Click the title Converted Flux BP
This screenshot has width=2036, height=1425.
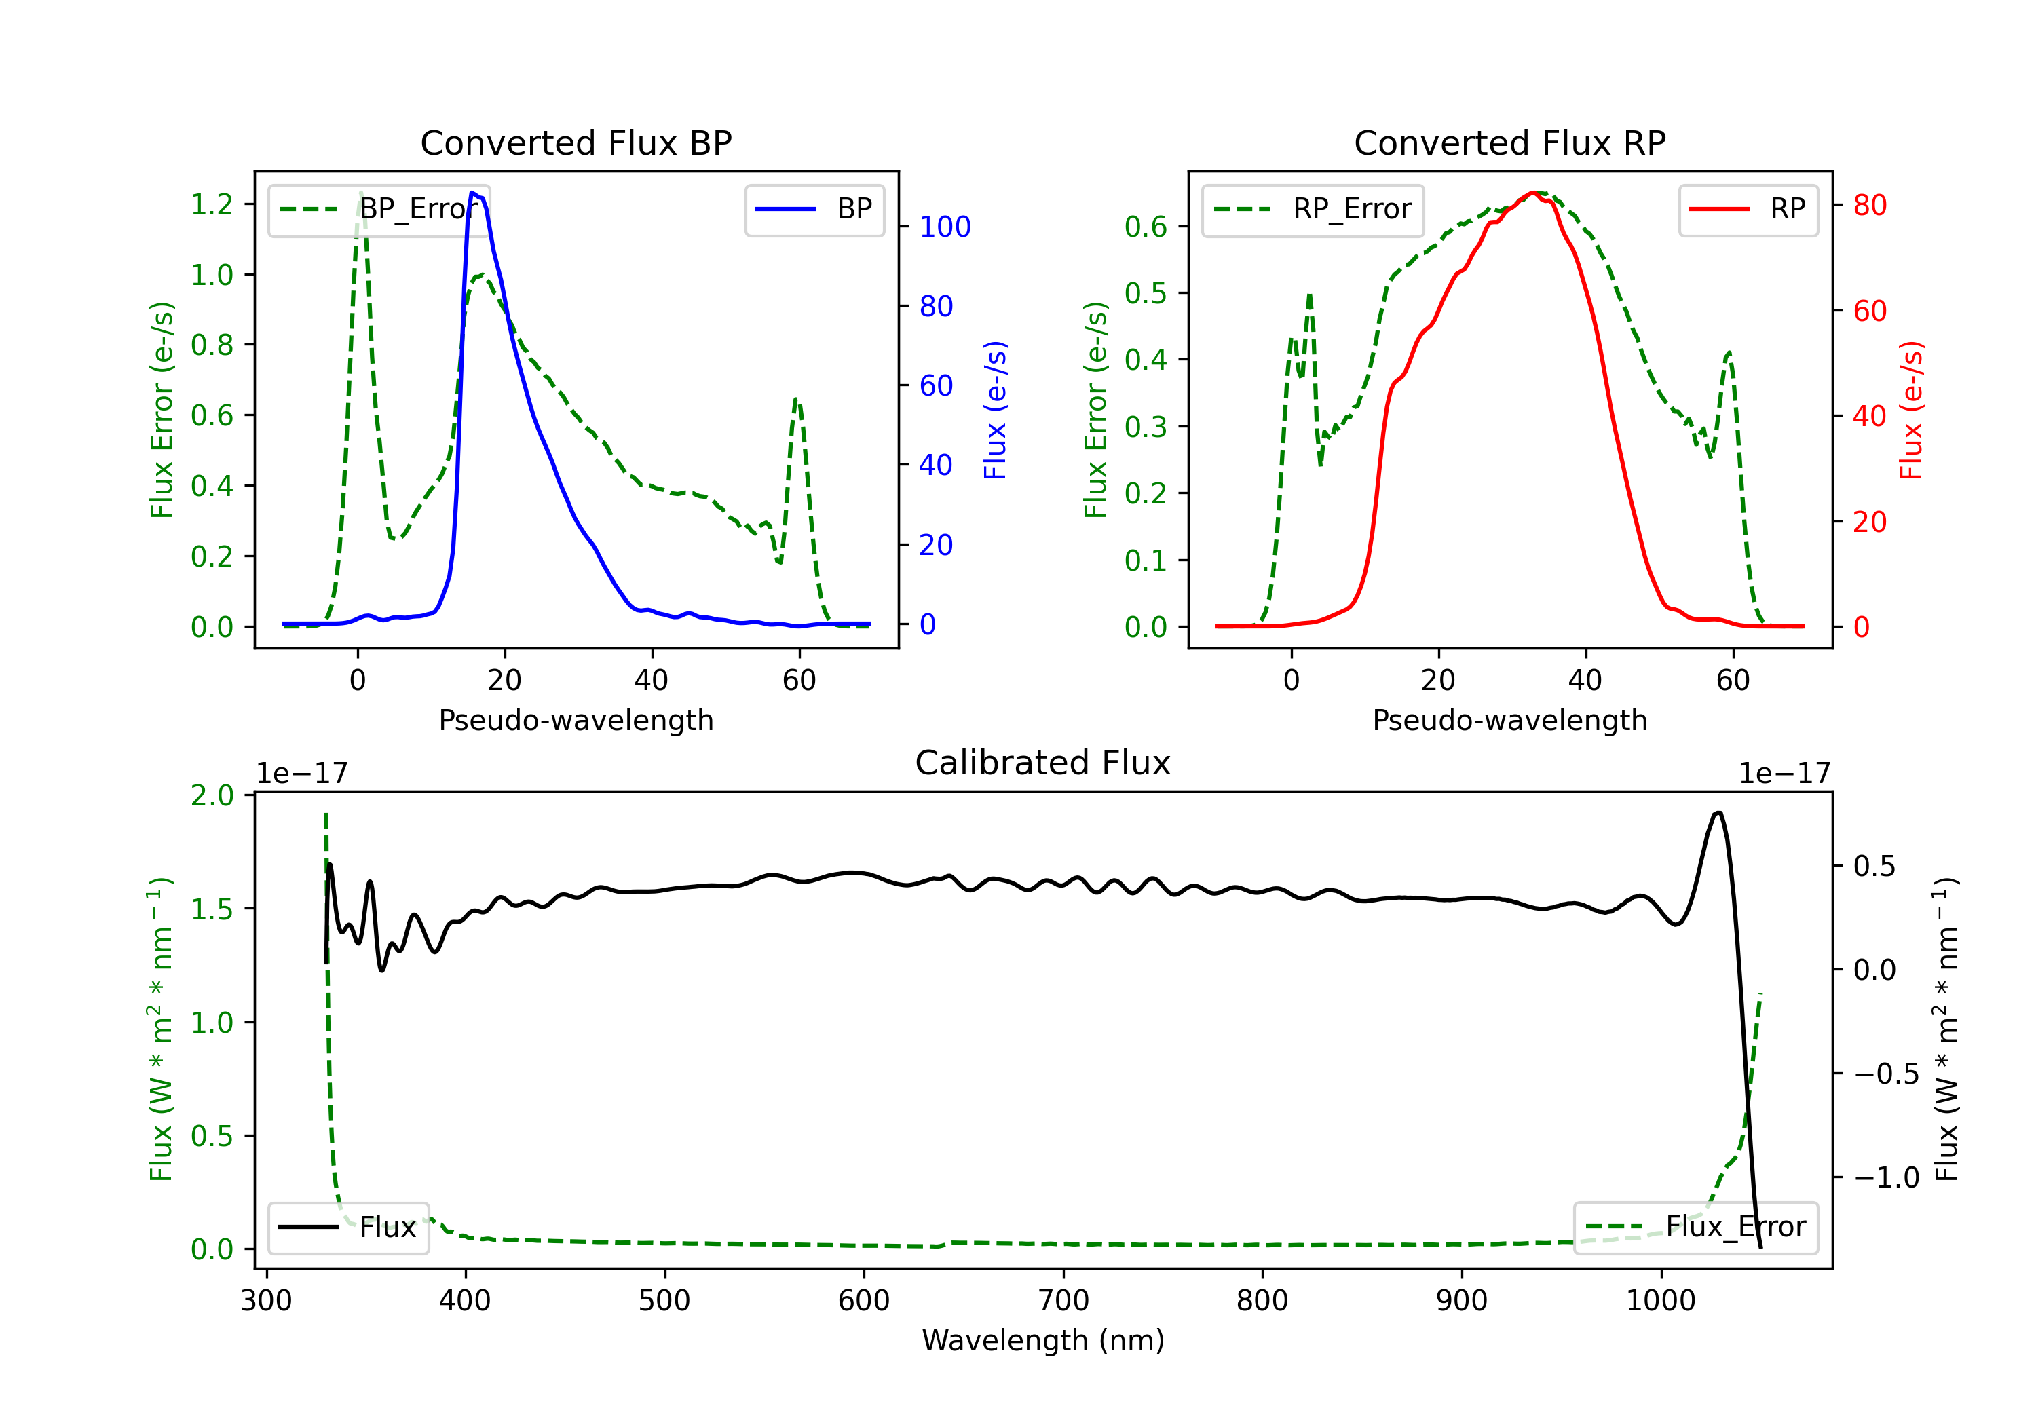click(576, 142)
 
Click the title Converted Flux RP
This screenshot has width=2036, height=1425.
click(1509, 142)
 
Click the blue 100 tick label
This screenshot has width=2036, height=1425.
click(945, 227)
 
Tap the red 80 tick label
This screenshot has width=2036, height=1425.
click(1869, 206)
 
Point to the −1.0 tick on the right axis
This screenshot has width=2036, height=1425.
click(1886, 1177)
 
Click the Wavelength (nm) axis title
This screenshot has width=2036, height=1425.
click(1043, 1340)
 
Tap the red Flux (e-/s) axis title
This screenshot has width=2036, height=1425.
click(1911, 410)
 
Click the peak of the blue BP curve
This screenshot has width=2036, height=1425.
click(472, 193)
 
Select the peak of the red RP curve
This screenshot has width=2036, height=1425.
click(1533, 193)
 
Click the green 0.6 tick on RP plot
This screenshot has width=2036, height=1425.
click(1146, 227)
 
